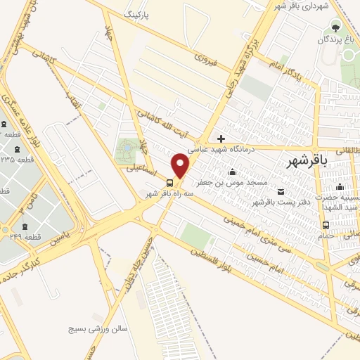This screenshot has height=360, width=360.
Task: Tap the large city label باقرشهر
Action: [x=308, y=160]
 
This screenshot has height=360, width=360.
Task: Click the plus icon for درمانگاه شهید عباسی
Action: [x=221, y=139]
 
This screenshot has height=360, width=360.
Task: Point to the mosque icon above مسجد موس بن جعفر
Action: [x=233, y=172]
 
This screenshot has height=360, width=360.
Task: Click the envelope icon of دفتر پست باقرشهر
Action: [x=281, y=192]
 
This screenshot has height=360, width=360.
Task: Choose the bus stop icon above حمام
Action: [x=325, y=225]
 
